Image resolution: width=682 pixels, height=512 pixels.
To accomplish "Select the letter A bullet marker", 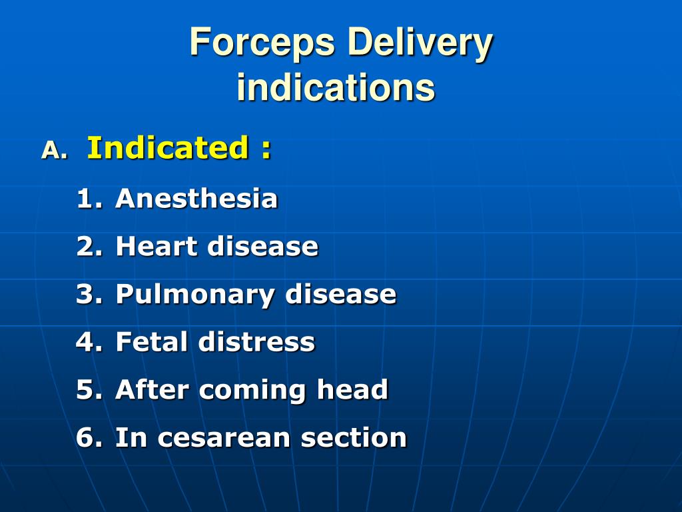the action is click(x=55, y=150).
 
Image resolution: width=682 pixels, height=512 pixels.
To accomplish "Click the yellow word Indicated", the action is click(x=168, y=147).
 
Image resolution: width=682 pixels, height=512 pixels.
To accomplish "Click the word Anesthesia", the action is click(x=196, y=199).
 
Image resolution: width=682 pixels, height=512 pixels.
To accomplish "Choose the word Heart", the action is click(x=157, y=247).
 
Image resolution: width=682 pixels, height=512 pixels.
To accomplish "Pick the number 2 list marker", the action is click(x=90, y=247).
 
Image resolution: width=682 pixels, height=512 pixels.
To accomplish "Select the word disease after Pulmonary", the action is click(x=340, y=294).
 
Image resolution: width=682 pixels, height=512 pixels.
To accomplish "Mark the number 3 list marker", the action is click(x=90, y=294).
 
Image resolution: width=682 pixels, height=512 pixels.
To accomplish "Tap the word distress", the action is click(x=256, y=342).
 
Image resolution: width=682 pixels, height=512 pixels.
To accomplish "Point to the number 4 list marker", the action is click(x=90, y=342).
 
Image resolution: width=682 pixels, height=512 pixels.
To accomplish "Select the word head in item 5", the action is click(x=352, y=389).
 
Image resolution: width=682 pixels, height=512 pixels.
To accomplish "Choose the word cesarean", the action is click(x=224, y=438).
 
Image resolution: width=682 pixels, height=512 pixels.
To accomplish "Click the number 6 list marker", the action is click(x=90, y=437).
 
